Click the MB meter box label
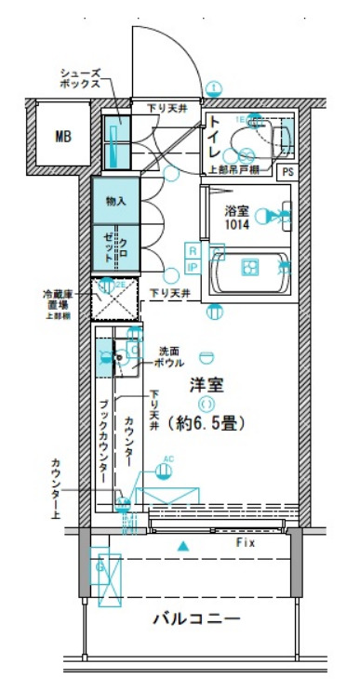point(62,137)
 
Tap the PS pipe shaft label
point(288,172)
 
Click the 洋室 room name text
point(206,382)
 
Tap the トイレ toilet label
point(215,138)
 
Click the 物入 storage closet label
point(115,201)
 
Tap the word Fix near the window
point(246,541)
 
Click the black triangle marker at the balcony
point(183,545)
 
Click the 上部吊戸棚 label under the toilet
point(231,171)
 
